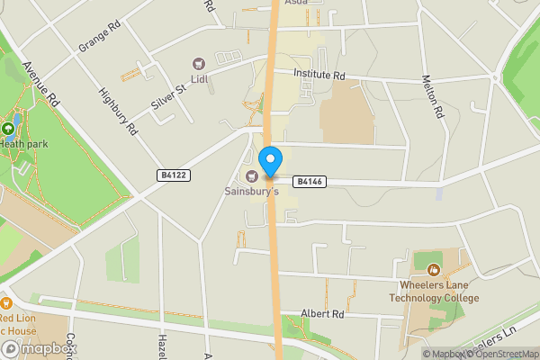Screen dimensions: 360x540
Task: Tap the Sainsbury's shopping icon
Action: tap(252, 175)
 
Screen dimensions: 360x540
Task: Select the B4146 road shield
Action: tap(308, 182)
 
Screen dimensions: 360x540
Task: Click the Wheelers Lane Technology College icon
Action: tap(434, 269)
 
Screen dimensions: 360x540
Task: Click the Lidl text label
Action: tap(199, 81)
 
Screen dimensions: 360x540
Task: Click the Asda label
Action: tap(296, 3)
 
